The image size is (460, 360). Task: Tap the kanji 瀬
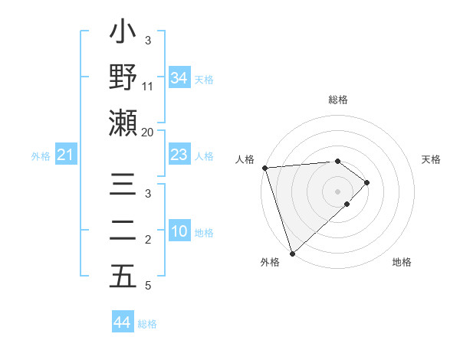(x=123, y=123)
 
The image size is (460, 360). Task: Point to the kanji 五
(x=123, y=276)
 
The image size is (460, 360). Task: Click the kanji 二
(x=123, y=231)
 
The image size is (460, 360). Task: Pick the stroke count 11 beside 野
(x=148, y=87)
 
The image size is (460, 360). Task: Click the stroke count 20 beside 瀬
(x=148, y=132)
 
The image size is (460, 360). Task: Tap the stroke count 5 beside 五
(x=148, y=286)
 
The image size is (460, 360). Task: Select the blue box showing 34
(x=179, y=78)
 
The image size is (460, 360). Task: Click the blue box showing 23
(x=179, y=155)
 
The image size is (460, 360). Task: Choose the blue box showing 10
(x=179, y=232)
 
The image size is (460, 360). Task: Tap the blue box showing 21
(x=66, y=155)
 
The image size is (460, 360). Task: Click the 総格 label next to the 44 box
(x=147, y=324)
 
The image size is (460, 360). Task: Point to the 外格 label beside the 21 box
(x=41, y=156)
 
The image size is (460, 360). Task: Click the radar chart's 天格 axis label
(x=431, y=159)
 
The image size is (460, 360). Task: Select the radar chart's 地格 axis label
(x=402, y=262)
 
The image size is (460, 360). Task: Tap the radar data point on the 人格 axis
(x=264, y=168)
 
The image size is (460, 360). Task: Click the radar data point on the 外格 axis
(x=292, y=253)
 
